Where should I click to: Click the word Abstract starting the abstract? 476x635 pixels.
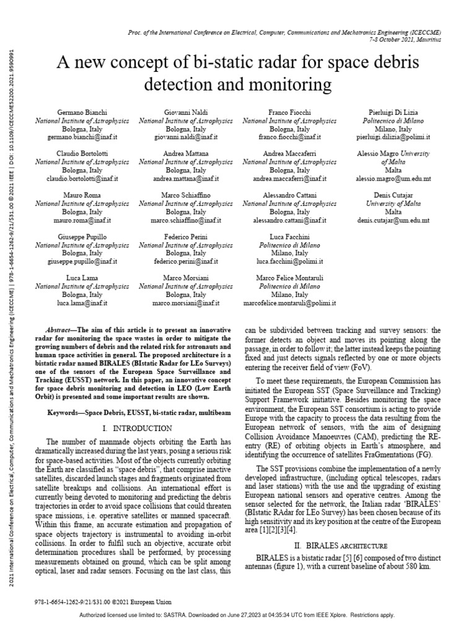(61, 329)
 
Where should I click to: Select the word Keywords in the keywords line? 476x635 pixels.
(65, 412)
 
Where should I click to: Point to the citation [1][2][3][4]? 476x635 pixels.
(280, 530)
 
